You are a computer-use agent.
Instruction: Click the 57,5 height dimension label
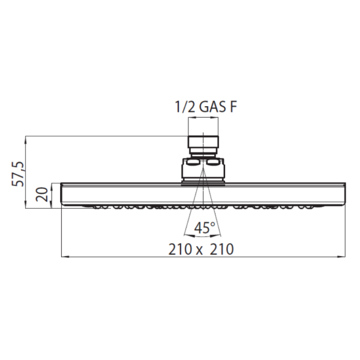pos(18,173)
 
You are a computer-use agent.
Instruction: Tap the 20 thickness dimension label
pos(42,194)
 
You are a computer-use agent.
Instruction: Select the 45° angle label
pos(205,227)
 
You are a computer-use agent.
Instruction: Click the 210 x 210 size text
pos(201,249)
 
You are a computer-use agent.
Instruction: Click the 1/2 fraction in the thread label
pos(185,107)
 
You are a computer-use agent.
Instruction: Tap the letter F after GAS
pos(233,107)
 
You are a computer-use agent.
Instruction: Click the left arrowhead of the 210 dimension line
pos(65,256)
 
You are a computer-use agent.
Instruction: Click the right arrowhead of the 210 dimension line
pos(341,256)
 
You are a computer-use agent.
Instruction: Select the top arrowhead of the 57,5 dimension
pos(26,140)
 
